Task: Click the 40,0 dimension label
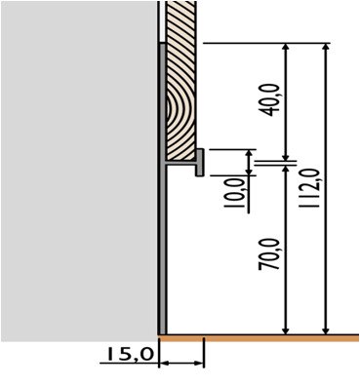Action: (x=270, y=100)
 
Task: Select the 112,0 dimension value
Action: (x=307, y=188)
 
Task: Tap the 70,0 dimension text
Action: (x=268, y=253)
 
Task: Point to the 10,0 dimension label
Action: (x=240, y=194)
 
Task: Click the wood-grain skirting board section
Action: (x=180, y=80)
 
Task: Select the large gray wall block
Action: (x=79, y=171)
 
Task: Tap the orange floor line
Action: (x=260, y=338)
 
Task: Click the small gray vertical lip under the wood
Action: (x=200, y=163)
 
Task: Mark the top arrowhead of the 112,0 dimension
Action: (x=326, y=47)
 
